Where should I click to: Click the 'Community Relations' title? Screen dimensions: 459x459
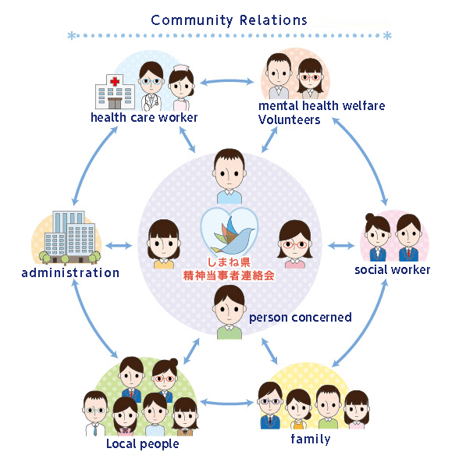229,20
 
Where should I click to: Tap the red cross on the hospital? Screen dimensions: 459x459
115,81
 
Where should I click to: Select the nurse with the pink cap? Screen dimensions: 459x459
181,87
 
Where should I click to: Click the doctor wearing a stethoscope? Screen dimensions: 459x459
151,87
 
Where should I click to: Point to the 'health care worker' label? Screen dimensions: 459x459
144,118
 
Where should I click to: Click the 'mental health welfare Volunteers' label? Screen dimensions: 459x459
322,112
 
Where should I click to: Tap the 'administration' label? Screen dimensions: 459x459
70,273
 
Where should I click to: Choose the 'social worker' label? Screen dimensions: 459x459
392,270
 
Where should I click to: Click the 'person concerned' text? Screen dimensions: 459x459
301,318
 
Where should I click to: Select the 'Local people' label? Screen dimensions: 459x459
143,444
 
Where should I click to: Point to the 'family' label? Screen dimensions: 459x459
311,439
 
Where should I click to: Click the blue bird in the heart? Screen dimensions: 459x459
233,237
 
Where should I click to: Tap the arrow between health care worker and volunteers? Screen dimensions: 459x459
227,81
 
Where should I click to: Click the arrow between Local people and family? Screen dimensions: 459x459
227,403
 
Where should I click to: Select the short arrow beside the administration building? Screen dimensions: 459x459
119,246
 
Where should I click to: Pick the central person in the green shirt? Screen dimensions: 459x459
229,312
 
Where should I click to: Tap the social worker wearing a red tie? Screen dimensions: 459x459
409,237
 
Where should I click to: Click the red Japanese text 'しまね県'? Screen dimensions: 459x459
229,262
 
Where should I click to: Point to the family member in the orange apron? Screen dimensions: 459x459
298,409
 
